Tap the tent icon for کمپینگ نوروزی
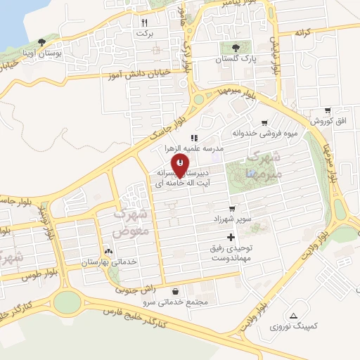click(293, 315)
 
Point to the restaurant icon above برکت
click(144, 22)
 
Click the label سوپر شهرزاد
click(232, 219)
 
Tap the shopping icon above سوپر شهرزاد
click(241, 208)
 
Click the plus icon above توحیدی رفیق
click(231, 236)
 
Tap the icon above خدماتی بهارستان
click(108, 251)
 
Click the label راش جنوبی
click(134, 288)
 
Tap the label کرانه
click(303, 33)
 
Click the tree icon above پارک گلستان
click(236, 49)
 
